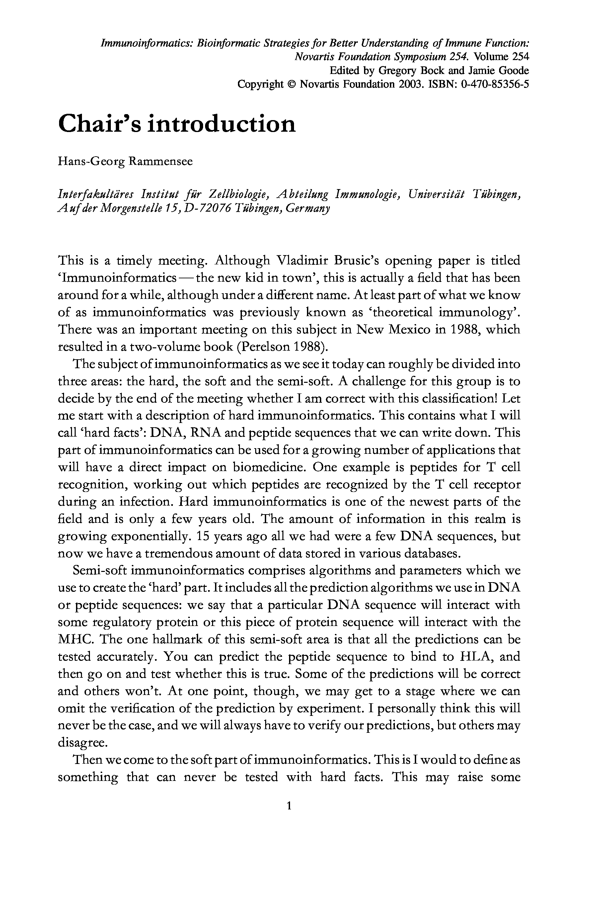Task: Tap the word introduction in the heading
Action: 221,123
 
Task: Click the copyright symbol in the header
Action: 292,84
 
